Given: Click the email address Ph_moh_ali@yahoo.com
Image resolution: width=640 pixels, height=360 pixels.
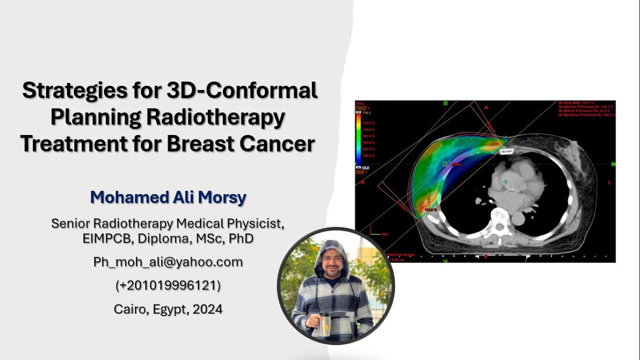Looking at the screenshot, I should point(168,262).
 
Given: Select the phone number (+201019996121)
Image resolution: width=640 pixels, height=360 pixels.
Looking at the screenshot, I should point(168,285).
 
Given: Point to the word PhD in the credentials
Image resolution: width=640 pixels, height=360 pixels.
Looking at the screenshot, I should point(241,238).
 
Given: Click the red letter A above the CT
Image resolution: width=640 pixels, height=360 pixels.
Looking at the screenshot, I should point(485,107).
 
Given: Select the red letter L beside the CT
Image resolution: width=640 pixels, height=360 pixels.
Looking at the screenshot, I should point(609,183).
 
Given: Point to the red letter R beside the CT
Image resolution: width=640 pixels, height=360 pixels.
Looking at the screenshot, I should point(362,183).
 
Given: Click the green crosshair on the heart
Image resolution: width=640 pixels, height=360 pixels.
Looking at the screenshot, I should point(505,181).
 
